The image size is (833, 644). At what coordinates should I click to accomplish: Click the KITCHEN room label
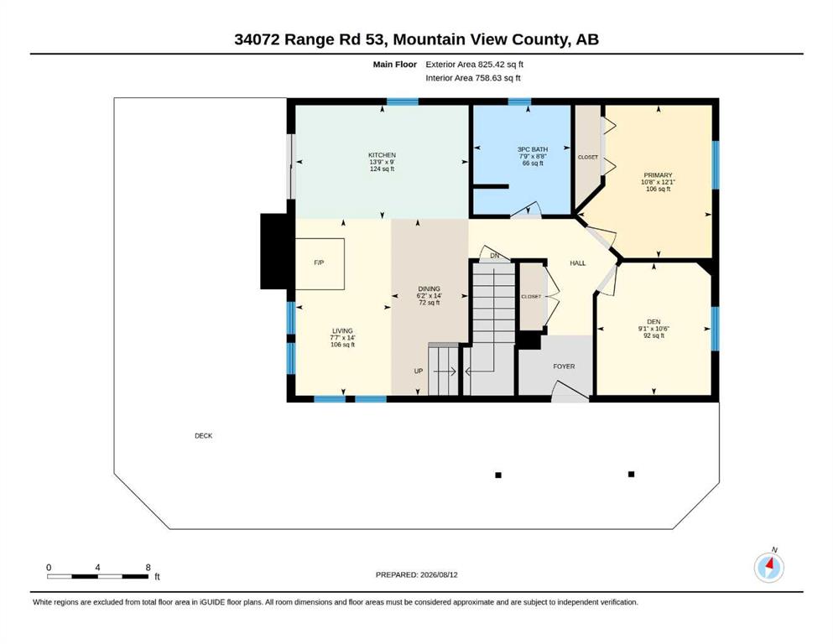pyautogui.click(x=382, y=155)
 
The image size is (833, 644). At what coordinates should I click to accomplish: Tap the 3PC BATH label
pyautogui.click(x=533, y=150)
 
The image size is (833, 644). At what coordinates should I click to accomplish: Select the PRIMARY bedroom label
pyautogui.click(x=658, y=175)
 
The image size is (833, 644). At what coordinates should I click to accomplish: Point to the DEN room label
pyautogui.click(x=653, y=322)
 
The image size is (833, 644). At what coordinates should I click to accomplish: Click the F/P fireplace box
pyautogui.click(x=320, y=264)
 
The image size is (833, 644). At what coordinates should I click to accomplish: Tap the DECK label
pyautogui.click(x=204, y=436)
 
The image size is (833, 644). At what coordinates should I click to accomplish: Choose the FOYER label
pyautogui.click(x=564, y=366)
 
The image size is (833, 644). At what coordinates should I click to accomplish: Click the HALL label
pyautogui.click(x=577, y=262)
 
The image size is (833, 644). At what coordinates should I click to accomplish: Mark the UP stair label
pyautogui.click(x=419, y=371)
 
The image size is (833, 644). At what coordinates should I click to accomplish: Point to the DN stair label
pyautogui.click(x=495, y=256)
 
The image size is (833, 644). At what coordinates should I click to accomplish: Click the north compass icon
pyautogui.click(x=768, y=567)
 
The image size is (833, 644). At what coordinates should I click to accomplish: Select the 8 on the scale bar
pyautogui.click(x=148, y=567)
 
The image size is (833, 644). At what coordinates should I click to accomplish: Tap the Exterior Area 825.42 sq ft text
pyautogui.click(x=475, y=65)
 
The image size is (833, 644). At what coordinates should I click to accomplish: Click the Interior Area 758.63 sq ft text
pyautogui.click(x=473, y=78)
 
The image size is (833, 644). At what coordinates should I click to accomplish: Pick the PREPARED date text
pyautogui.click(x=416, y=574)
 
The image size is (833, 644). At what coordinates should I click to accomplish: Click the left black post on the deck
pyautogui.click(x=498, y=475)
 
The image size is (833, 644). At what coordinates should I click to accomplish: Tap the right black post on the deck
pyautogui.click(x=631, y=474)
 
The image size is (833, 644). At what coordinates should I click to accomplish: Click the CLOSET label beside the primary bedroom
pyautogui.click(x=587, y=157)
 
